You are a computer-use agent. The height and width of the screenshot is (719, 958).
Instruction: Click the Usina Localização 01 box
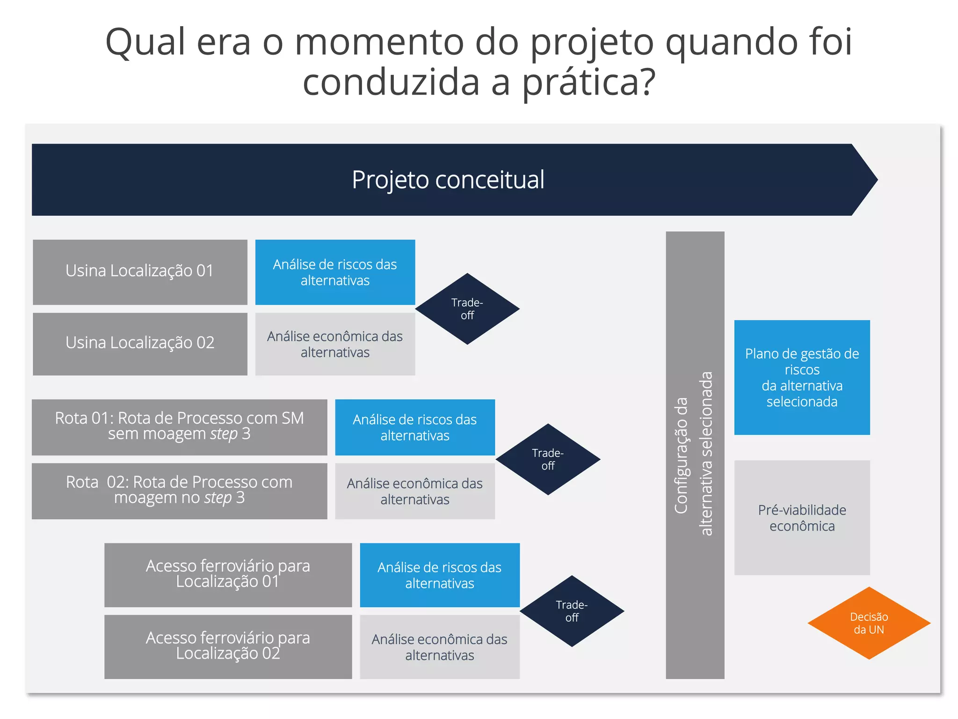[140, 272]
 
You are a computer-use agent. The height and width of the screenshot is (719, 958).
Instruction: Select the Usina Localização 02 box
[140, 344]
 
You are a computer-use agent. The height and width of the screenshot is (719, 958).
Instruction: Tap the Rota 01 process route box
[179, 426]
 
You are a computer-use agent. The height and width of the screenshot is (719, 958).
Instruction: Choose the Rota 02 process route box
[179, 491]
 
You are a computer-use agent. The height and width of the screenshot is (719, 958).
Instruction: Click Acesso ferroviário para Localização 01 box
[228, 574]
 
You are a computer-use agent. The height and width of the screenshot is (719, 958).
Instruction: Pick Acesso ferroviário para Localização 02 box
[228, 646]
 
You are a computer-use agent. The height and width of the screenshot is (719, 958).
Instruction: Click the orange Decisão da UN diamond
[869, 623]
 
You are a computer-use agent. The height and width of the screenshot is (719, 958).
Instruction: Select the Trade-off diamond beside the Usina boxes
[467, 309]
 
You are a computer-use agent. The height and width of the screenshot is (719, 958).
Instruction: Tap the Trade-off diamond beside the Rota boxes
[548, 459]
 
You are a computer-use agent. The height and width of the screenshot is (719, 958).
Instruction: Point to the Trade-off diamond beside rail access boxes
[572, 611]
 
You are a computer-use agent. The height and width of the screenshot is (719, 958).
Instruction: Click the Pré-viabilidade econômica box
[802, 517]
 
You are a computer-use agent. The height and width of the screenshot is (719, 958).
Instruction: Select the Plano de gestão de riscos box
[802, 377]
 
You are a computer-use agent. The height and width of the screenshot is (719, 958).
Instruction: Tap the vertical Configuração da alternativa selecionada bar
[695, 454]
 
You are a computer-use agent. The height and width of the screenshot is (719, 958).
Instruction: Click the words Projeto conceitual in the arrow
[448, 180]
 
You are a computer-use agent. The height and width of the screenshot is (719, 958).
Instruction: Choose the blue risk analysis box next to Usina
[335, 272]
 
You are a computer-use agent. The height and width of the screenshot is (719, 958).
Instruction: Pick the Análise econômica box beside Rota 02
[414, 491]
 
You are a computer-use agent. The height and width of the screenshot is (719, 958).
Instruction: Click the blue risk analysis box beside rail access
[439, 575]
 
